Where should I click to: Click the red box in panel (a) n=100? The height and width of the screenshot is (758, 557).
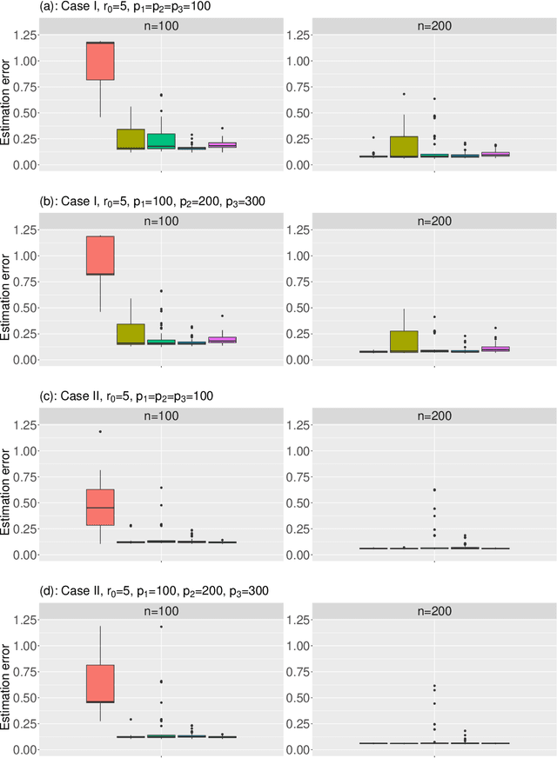pyautogui.click(x=101, y=60)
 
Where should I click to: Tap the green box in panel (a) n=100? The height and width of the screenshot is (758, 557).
pyautogui.click(x=160, y=141)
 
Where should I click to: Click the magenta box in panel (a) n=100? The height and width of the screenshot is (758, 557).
pyautogui.click(x=222, y=145)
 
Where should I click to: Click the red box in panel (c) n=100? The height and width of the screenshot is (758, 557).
pyautogui.click(x=101, y=507)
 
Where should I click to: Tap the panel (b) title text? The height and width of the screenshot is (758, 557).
pyautogui.click(x=134, y=201)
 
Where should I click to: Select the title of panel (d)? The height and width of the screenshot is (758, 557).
pyautogui.click(x=136, y=590)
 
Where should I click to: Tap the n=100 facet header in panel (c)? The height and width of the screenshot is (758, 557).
pyautogui.click(x=161, y=416)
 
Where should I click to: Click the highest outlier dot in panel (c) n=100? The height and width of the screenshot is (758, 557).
pyautogui.click(x=101, y=431)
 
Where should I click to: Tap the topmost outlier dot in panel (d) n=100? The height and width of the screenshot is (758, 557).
pyautogui.click(x=161, y=626)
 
